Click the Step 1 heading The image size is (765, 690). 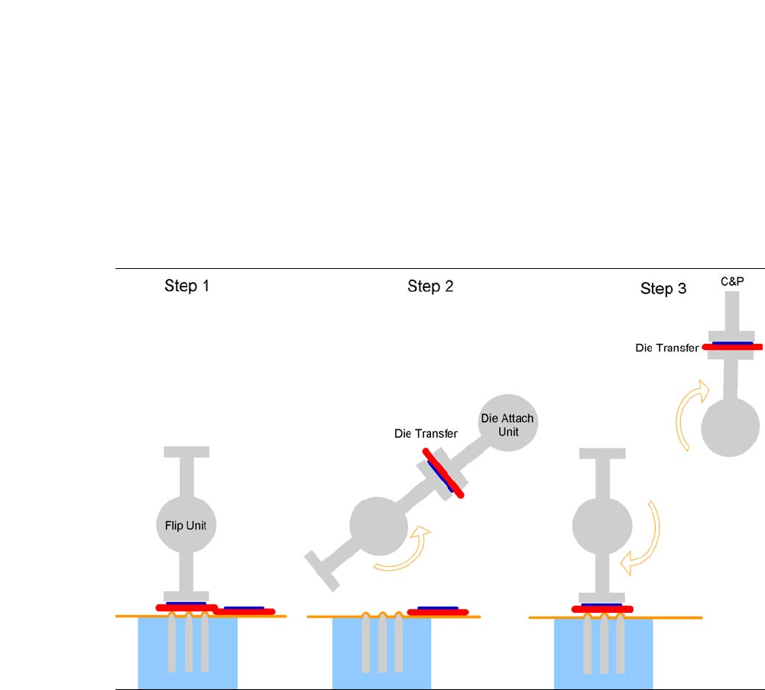pyautogui.click(x=186, y=287)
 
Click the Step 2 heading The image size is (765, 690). pyautogui.click(x=430, y=287)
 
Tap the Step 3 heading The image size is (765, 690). pyautogui.click(x=663, y=289)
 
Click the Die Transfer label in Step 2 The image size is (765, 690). pyautogui.click(x=426, y=433)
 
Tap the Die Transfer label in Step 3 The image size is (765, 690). pyautogui.click(x=666, y=348)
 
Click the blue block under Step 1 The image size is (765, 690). pyautogui.click(x=187, y=653)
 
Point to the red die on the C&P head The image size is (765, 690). pyautogui.click(x=731, y=347)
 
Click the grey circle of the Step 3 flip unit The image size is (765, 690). pyautogui.click(x=602, y=526)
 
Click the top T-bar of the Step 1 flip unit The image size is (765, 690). pyautogui.click(x=186, y=452)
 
